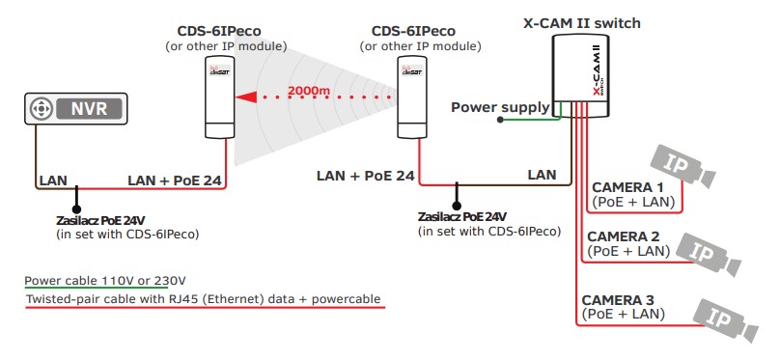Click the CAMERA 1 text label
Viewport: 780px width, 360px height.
tap(627, 186)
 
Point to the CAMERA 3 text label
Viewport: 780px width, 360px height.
tap(622, 299)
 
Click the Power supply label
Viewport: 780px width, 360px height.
tap(500, 107)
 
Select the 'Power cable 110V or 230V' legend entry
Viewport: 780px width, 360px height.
tap(105, 281)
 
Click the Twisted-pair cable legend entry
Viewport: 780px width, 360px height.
tap(202, 299)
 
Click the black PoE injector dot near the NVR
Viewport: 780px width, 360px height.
tap(76, 189)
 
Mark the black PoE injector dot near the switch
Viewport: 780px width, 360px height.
tap(458, 204)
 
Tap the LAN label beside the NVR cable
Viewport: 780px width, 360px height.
tap(52, 180)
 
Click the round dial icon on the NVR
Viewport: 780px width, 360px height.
tap(41, 109)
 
